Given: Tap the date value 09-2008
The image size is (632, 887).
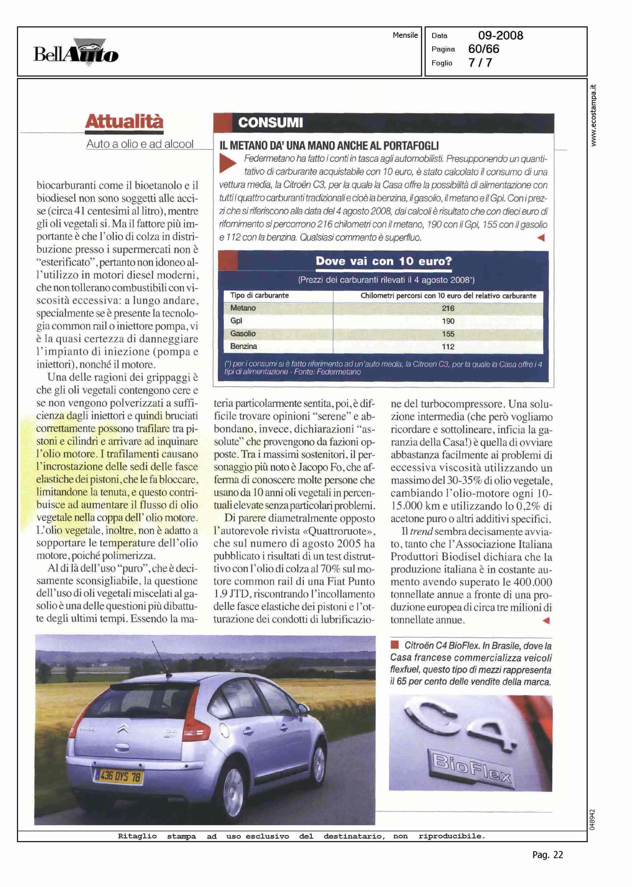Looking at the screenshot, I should [500, 36].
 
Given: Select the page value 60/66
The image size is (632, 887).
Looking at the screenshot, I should [484, 49].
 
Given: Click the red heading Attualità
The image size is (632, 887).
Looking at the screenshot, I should [124, 122].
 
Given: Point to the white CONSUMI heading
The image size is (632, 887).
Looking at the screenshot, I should [270, 123].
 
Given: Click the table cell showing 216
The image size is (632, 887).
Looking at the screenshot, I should [448, 308].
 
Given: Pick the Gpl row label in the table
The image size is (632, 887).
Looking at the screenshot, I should [236, 321].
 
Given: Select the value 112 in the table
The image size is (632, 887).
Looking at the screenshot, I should [448, 346].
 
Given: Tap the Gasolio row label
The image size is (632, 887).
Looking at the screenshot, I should [243, 334].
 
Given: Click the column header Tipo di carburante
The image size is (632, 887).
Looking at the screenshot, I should [259, 295].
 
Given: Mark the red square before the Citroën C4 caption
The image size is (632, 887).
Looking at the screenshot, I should [395, 645].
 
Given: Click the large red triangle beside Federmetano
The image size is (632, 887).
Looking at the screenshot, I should [228, 163].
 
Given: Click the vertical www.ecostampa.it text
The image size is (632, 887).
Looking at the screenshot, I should [594, 115].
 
